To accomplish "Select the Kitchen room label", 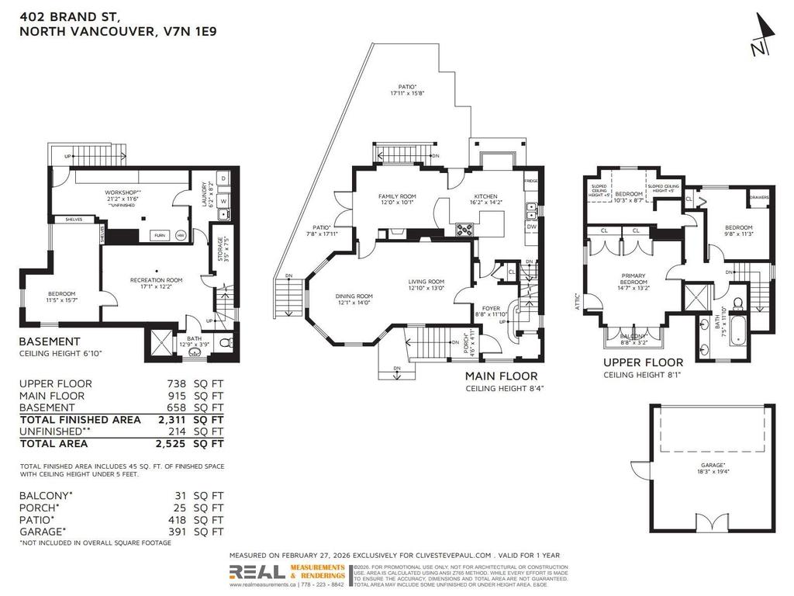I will pos(486,197).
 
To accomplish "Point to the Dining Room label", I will pos(354,296).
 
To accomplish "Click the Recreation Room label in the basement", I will pos(156,280).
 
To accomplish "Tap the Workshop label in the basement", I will pos(123,192).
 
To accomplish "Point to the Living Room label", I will pos(426,282).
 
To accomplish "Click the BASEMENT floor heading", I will pos(50,341).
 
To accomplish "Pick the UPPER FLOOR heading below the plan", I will pos(644,362).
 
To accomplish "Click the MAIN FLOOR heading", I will pos(501,376).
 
